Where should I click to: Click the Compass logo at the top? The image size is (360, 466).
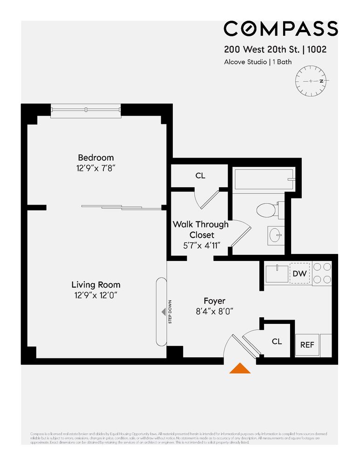(280, 28)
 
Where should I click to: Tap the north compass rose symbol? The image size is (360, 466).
(312, 81)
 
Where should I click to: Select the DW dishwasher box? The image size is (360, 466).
(299, 274)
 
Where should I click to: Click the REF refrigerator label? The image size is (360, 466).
(307, 345)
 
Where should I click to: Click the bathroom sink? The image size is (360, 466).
(274, 234)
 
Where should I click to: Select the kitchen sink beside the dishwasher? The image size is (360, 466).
(277, 274)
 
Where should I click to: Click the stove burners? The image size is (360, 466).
(321, 274)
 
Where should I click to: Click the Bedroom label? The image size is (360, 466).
(95, 158)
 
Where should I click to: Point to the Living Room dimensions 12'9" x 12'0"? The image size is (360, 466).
(95, 295)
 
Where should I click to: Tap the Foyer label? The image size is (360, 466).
(214, 301)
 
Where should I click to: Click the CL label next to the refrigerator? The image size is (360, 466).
(277, 342)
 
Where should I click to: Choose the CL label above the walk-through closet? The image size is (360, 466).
(200, 176)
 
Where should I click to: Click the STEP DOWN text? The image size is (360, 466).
(170, 311)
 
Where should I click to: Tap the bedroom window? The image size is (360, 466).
(86, 110)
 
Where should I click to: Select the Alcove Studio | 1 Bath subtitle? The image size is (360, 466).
(258, 62)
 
